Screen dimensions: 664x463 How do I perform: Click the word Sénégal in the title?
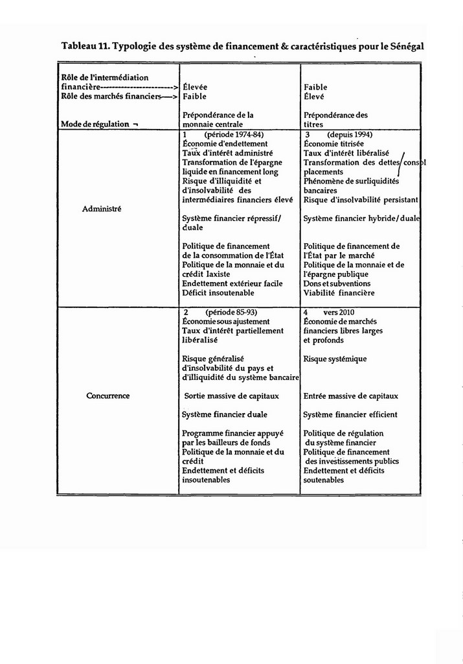(406, 47)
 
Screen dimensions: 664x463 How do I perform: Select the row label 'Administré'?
(102, 209)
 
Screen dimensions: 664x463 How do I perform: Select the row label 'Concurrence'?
(107, 396)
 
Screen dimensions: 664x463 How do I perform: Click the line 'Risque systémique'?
(335, 359)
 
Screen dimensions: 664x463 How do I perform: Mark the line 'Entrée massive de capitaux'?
(350, 396)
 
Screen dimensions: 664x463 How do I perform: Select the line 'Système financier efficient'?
(350, 414)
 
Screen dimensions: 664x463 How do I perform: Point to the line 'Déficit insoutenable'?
(218, 292)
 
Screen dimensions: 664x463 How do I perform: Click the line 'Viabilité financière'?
(339, 292)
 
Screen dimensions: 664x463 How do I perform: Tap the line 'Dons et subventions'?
(337, 283)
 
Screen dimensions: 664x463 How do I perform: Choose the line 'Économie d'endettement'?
(225, 143)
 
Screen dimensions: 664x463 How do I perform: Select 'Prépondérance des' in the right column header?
(335, 115)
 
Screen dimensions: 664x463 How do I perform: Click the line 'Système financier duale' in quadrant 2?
(224, 414)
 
